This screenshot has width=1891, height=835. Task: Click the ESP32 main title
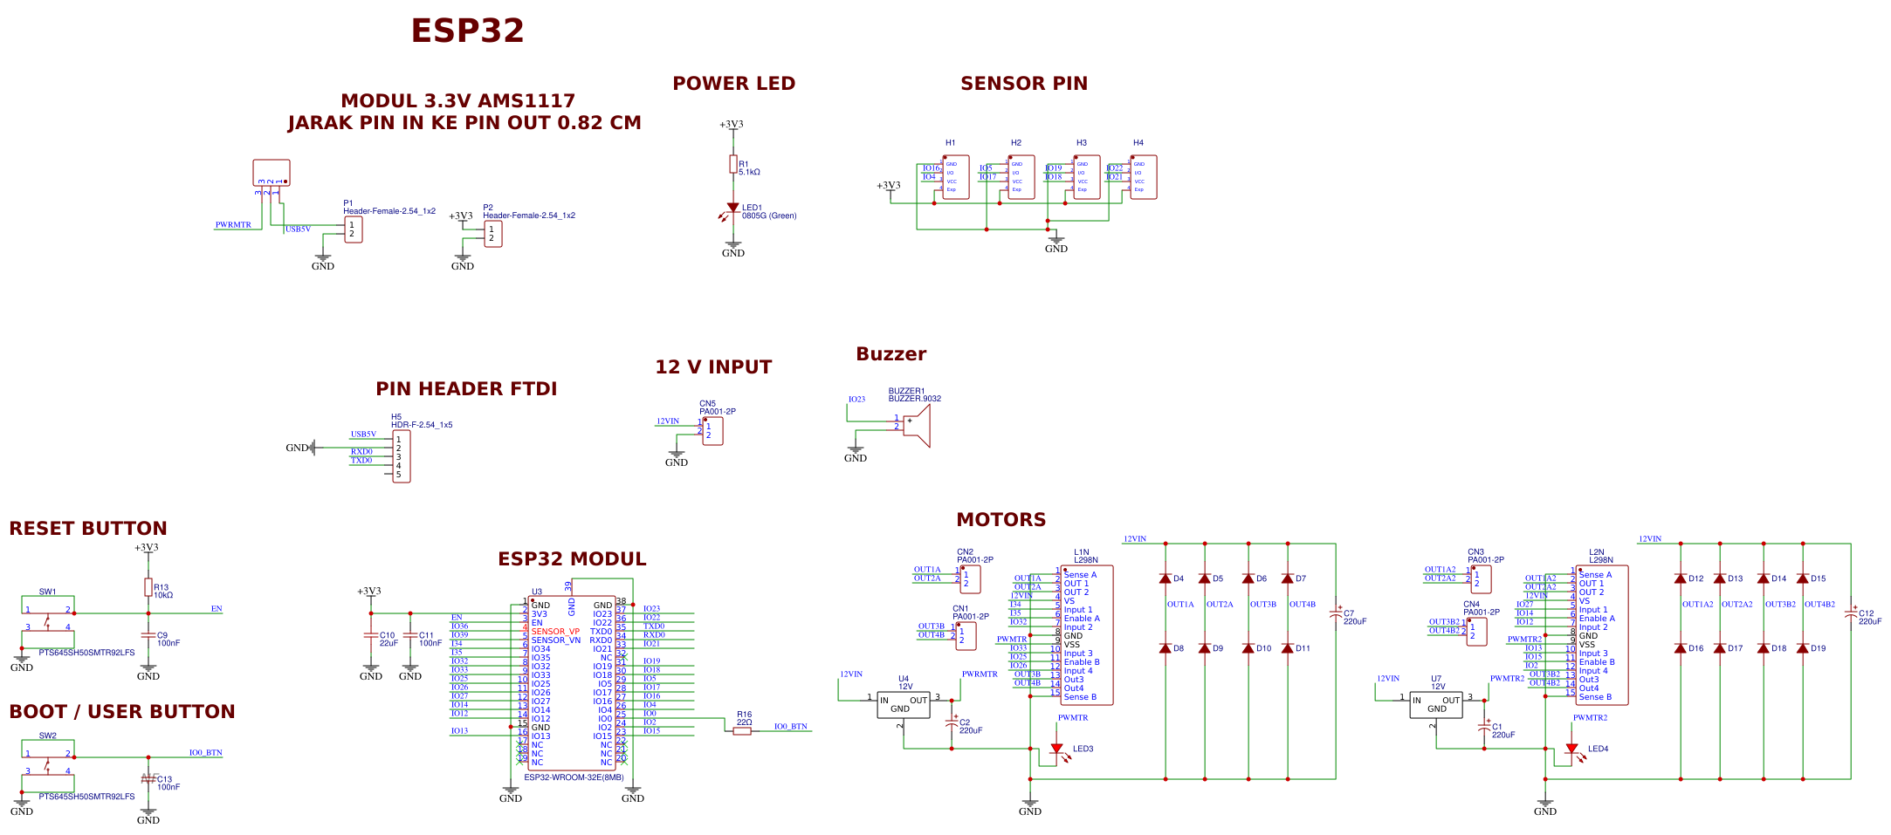pyautogui.click(x=467, y=31)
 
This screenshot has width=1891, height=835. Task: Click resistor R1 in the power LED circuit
pyautogui.click(x=733, y=164)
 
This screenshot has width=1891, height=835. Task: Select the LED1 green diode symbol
pyautogui.click(x=732, y=209)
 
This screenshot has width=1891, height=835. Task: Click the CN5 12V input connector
pyautogui.click(x=712, y=430)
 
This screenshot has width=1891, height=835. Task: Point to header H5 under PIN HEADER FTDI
pyautogui.click(x=401, y=456)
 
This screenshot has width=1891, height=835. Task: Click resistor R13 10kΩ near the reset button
pyautogui.click(x=148, y=587)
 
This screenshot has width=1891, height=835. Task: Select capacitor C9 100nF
pyautogui.click(x=148, y=635)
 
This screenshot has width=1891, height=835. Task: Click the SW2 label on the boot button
pyautogui.click(x=47, y=736)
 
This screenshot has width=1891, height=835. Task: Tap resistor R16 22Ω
pyautogui.click(x=742, y=731)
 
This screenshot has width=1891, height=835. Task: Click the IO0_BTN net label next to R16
pyautogui.click(x=790, y=726)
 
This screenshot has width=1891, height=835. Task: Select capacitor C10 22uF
pyautogui.click(x=371, y=635)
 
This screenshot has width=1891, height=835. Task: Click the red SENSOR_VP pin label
pyautogui.click(x=555, y=632)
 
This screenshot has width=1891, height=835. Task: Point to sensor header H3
pyautogui.click(x=1086, y=177)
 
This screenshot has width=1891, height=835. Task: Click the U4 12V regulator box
pyautogui.click(x=903, y=705)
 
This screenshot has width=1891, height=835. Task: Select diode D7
pyautogui.click(x=1287, y=578)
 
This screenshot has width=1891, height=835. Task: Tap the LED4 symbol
pyautogui.click(x=1571, y=749)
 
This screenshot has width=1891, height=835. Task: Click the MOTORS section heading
pyautogui.click(x=1001, y=520)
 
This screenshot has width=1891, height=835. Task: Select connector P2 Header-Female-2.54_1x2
pyautogui.click(x=493, y=234)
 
